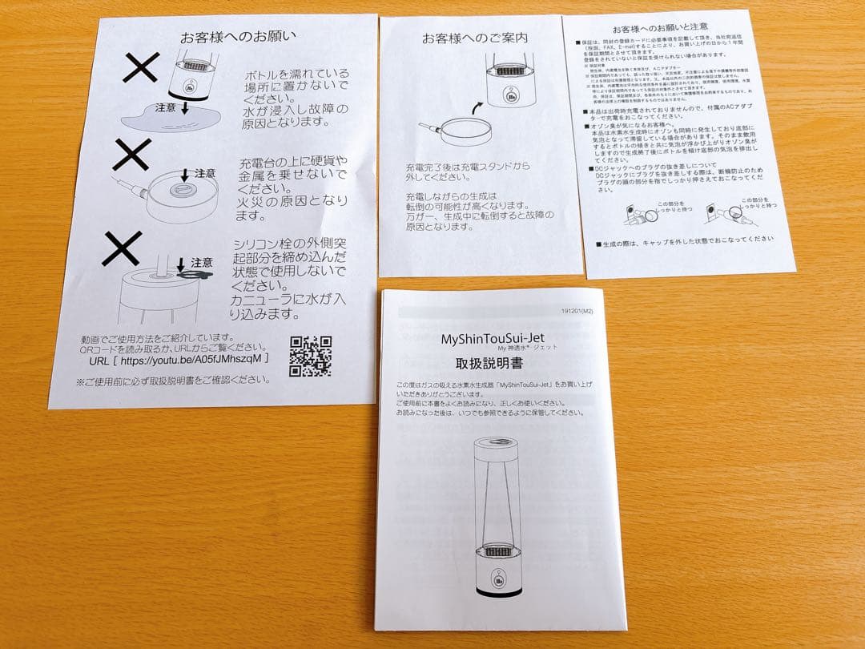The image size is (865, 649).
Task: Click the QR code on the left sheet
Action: point(310,357)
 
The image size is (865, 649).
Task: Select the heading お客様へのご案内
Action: point(474,38)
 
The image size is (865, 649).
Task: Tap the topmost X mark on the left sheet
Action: point(140,69)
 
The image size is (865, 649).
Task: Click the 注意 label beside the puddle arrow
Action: point(166,107)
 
